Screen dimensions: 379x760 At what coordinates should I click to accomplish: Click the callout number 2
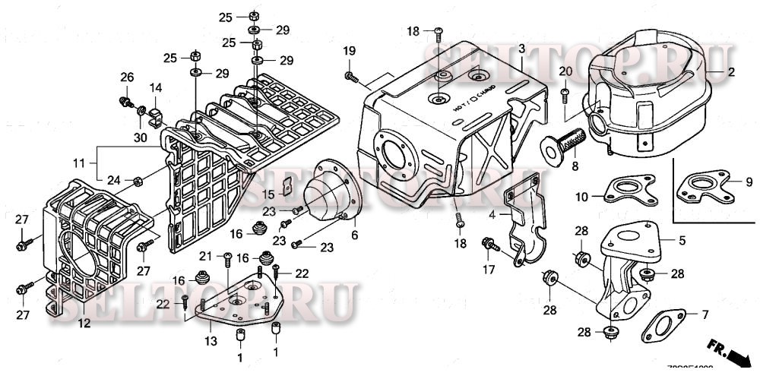[x=731, y=73]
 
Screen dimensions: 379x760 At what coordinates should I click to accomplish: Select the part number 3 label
[x=522, y=49]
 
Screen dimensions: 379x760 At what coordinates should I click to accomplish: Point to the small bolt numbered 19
[x=350, y=75]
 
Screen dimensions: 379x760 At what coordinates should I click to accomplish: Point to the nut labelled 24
[x=138, y=182]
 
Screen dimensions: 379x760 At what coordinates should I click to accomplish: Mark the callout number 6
[x=353, y=236]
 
